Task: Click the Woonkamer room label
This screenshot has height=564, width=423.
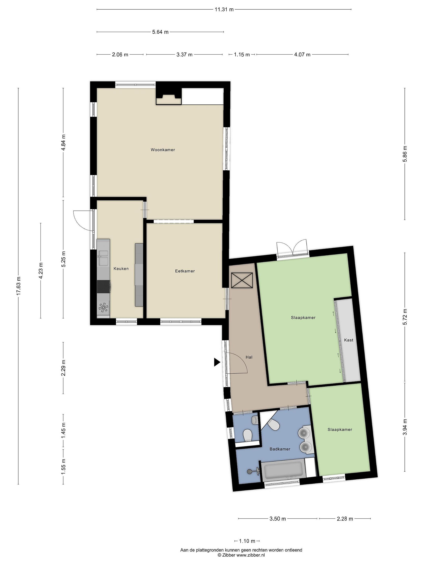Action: click(163, 150)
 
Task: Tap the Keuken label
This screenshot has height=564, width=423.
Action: click(121, 268)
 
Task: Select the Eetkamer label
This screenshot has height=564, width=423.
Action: click(185, 271)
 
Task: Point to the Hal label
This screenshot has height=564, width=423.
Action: click(249, 357)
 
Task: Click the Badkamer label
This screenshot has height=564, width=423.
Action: click(280, 456)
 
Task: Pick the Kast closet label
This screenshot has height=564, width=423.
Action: click(349, 340)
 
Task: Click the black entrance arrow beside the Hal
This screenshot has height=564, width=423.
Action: click(217, 362)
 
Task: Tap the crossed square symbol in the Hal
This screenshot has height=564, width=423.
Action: click(242, 280)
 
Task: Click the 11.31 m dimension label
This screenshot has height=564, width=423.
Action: click(224, 10)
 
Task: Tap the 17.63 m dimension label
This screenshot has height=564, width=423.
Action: click(18, 286)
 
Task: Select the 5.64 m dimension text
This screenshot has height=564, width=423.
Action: click(160, 32)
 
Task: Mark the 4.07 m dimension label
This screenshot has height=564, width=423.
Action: click(302, 55)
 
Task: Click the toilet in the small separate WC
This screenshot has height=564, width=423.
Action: click(247, 436)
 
